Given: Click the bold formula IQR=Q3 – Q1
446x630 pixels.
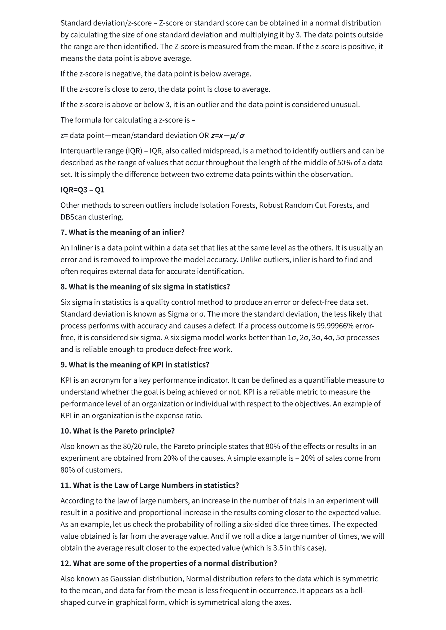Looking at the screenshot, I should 82,190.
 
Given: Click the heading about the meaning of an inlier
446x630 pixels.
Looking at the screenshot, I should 122,232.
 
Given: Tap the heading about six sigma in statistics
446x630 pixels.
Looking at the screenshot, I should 145,287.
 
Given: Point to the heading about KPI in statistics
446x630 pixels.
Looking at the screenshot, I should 135,365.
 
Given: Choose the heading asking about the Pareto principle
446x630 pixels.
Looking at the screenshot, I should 117,431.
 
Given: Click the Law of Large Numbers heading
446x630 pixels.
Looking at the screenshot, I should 150,485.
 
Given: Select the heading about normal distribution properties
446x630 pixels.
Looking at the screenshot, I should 168,563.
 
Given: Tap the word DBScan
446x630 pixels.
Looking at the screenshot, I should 73,217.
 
